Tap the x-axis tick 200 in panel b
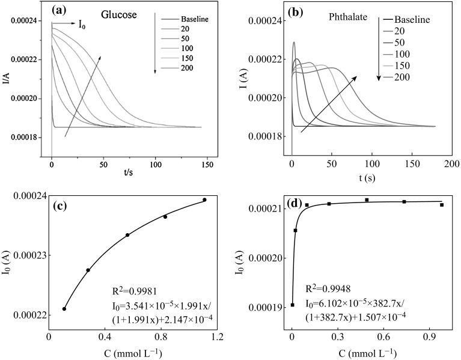(451, 163)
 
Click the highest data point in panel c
(204, 200)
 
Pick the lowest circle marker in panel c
(64, 309)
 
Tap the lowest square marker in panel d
(292, 305)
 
